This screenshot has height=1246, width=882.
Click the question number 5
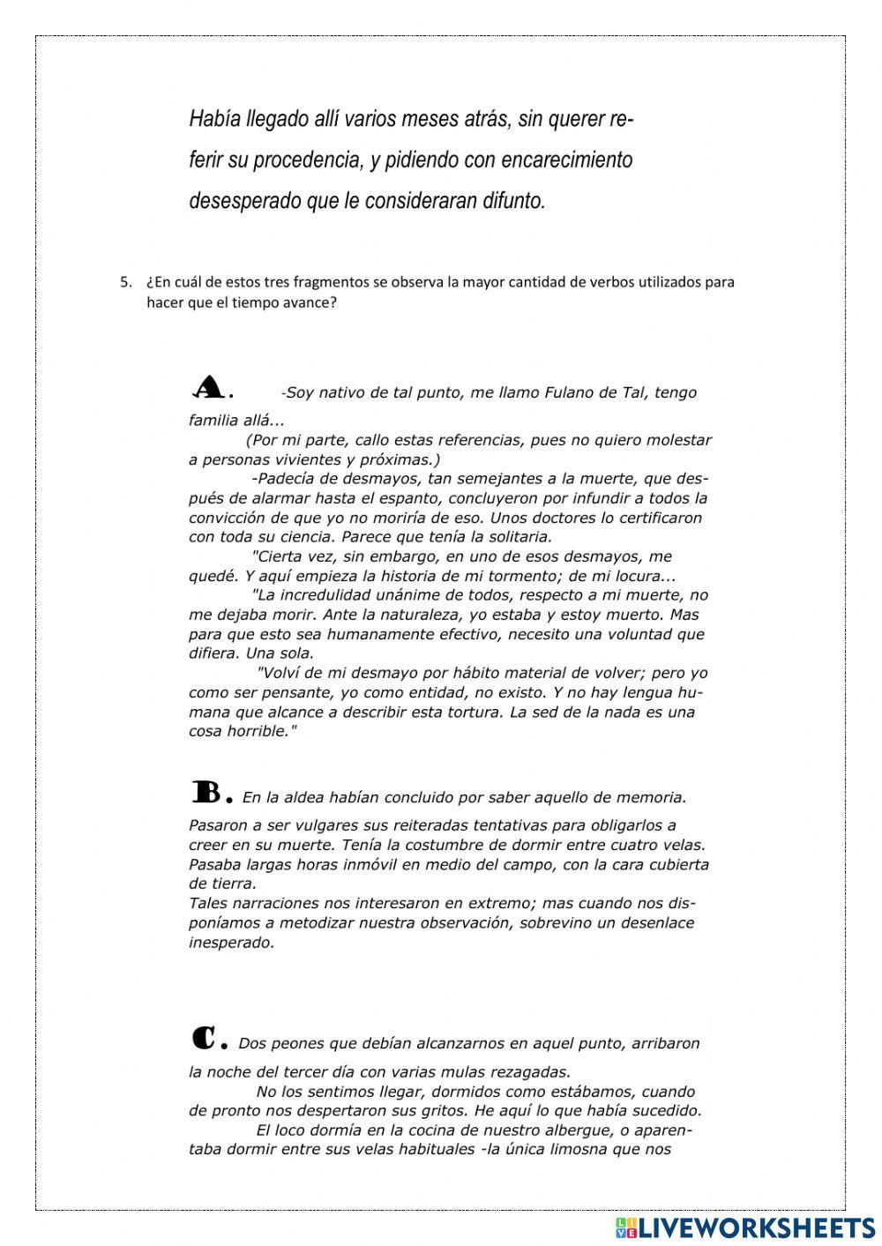click(x=124, y=283)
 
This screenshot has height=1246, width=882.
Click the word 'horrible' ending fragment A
click(x=257, y=731)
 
